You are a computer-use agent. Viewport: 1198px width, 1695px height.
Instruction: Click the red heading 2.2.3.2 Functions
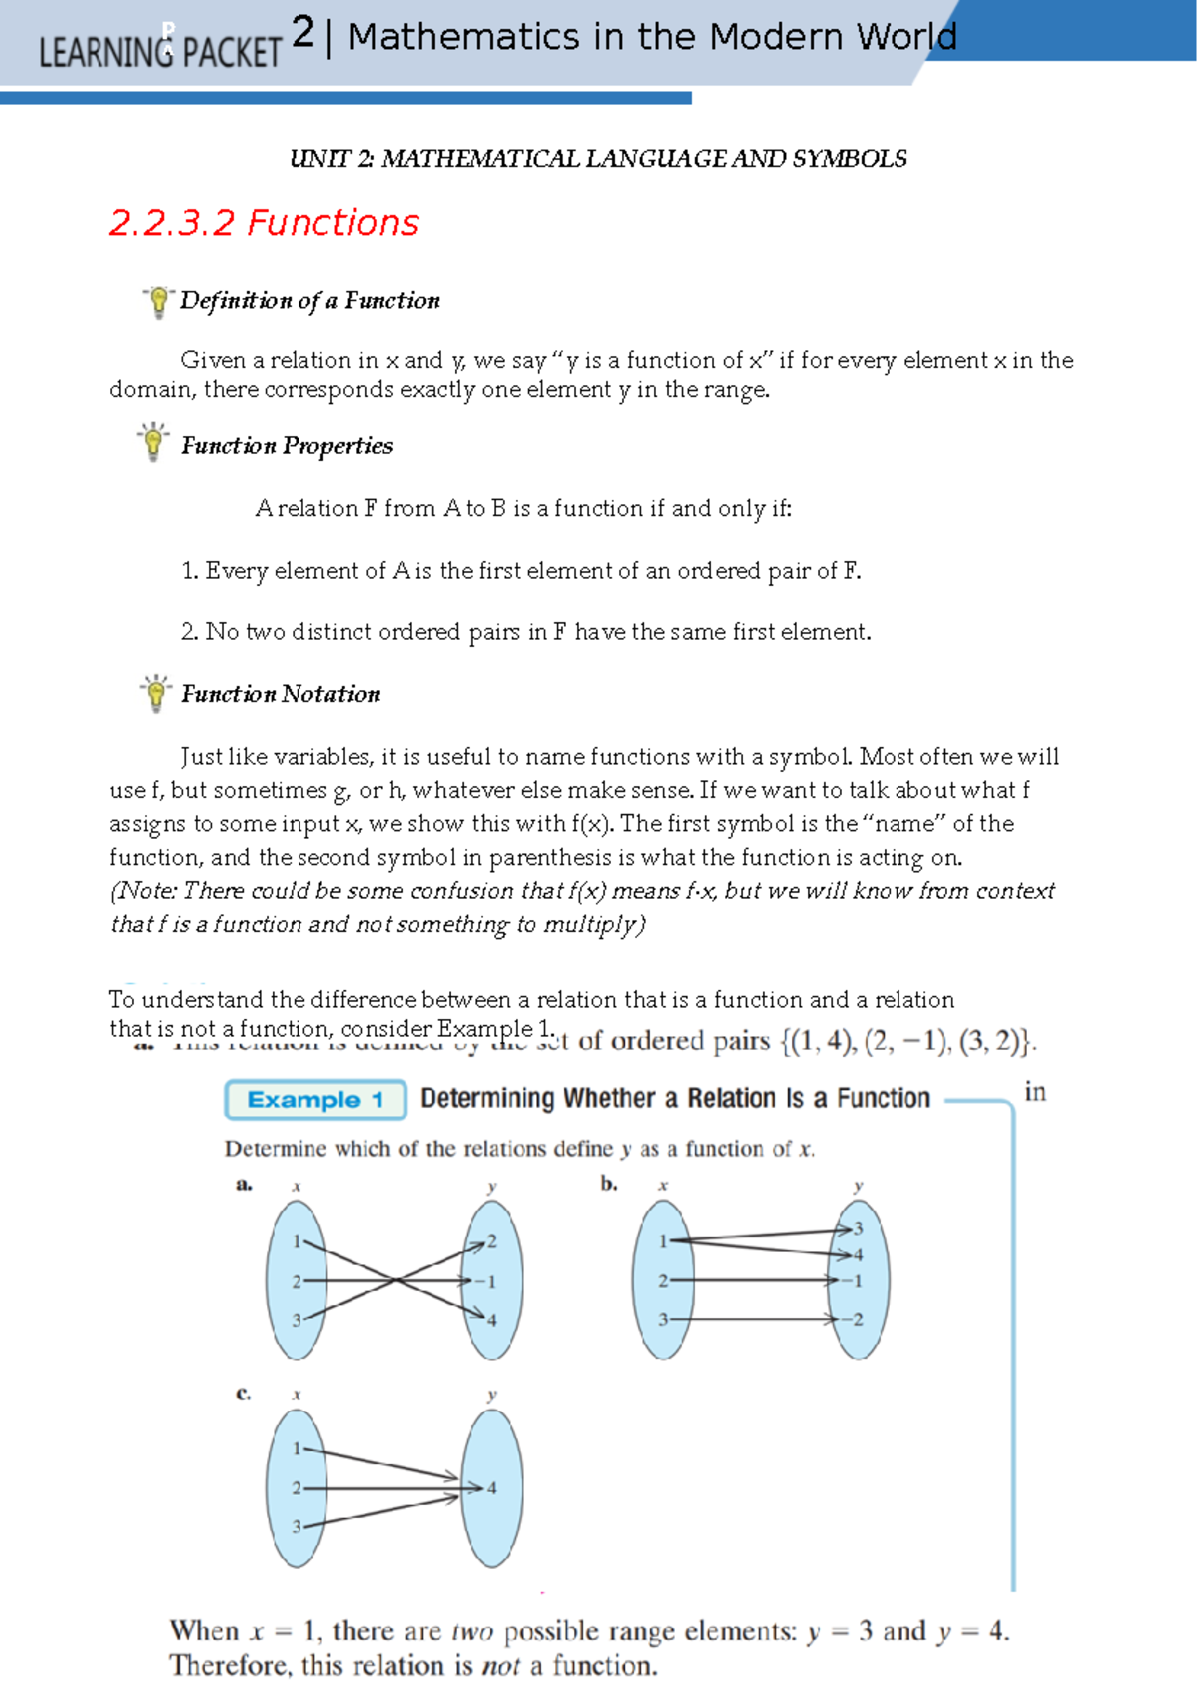click(x=264, y=223)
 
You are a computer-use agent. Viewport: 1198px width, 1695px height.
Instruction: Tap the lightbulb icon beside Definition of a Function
click(x=158, y=300)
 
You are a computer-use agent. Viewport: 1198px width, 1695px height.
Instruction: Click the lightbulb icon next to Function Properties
click(x=153, y=441)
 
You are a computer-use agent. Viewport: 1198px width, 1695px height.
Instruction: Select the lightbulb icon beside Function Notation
click(x=156, y=692)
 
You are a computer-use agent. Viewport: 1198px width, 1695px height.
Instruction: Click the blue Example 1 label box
click(x=315, y=1100)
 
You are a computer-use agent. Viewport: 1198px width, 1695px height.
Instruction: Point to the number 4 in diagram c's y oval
click(x=491, y=1488)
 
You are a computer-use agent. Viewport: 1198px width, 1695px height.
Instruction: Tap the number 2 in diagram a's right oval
click(x=491, y=1242)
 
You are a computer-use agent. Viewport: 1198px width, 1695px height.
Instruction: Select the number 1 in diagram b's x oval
click(x=663, y=1241)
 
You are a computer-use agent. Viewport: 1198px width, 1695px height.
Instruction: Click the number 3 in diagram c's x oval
click(x=296, y=1526)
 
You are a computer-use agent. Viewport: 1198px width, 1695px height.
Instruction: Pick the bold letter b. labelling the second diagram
click(x=609, y=1184)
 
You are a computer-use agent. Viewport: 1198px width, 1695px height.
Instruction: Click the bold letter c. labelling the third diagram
click(x=243, y=1393)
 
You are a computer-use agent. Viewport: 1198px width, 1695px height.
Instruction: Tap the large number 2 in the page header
click(x=303, y=34)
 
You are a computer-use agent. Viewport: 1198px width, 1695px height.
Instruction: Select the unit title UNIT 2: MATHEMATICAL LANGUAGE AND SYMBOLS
click(x=598, y=159)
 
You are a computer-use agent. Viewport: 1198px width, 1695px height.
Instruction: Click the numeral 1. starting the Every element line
click(x=190, y=571)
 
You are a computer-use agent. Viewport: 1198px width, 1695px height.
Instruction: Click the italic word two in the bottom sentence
click(x=472, y=1632)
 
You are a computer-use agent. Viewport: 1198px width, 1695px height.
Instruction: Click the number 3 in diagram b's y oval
click(x=858, y=1229)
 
